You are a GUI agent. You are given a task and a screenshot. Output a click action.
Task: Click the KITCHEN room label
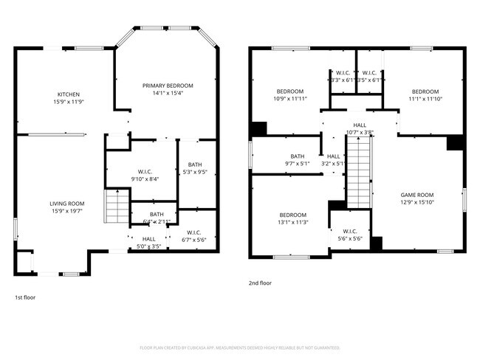69,94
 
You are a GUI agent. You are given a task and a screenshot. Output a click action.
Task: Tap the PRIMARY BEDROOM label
168,86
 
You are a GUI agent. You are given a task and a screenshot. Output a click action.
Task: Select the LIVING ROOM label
67,204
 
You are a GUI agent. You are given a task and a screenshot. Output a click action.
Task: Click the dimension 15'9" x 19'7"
67,211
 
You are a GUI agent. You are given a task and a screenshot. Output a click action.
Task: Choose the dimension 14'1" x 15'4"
168,93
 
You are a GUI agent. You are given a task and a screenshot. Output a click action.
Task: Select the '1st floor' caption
25,297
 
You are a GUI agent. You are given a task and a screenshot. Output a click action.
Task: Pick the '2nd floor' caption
260,283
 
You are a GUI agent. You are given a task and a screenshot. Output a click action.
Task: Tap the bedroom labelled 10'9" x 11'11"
289,94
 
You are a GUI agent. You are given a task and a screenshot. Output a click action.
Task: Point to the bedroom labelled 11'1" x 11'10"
425,94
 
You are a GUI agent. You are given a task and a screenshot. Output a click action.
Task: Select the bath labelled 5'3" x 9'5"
195,168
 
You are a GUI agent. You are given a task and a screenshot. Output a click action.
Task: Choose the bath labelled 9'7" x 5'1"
298,159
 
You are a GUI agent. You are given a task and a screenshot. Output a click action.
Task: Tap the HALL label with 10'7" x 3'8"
360,128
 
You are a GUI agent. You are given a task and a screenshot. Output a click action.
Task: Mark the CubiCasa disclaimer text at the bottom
240,347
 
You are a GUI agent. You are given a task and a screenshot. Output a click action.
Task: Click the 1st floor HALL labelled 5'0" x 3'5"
148,242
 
